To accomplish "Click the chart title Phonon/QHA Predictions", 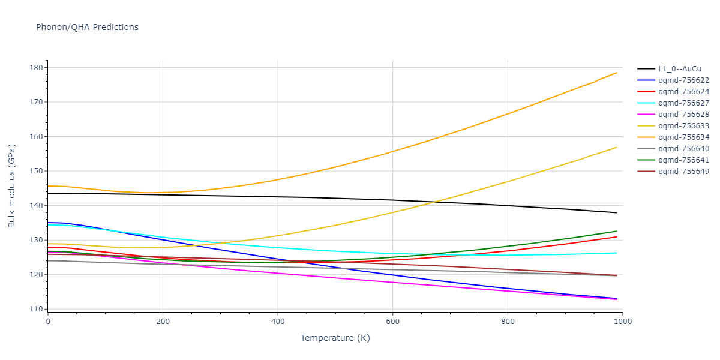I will click(x=87, y=27).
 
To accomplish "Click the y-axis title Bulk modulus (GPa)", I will click(x=12, y=188).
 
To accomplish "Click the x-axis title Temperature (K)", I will click(x=335, y=338).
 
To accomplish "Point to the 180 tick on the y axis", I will click(x=36, y=68).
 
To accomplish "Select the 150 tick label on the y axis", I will click(x=36, y=171).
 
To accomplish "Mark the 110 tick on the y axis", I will click(x=36, y=310).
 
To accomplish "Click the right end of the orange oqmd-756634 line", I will click(x=617, y=73).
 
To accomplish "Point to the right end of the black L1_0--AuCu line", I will click(x=617, y=212).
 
